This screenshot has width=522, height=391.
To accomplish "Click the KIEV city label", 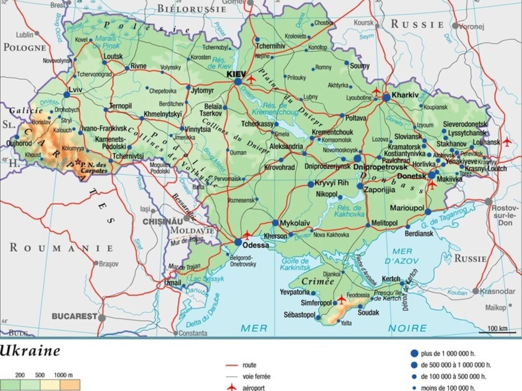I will coord(236,74).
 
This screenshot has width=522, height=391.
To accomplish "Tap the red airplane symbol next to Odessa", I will coord(247,235).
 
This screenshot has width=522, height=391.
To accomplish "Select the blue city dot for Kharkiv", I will coord(386,97).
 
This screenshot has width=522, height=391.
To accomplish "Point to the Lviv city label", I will coord(75,90).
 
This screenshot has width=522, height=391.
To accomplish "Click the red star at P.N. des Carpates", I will coord(77,162).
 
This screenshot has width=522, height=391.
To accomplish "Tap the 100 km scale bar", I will coord(497,331).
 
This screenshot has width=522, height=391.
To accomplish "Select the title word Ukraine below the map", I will coord(30,351).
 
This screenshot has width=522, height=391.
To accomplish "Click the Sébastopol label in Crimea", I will coord(299,315).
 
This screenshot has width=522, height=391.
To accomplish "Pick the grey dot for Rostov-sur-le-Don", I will coord(488,201).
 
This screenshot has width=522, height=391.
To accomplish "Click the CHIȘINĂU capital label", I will coord(163,221).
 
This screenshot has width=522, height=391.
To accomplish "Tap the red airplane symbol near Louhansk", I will coord(507,142).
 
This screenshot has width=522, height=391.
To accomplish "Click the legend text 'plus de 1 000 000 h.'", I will coord(448,354).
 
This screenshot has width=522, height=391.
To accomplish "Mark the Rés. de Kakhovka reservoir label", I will coord(349,211).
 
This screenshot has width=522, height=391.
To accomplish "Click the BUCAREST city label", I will coord(74,316).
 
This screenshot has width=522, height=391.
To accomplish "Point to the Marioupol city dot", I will coord(428,212).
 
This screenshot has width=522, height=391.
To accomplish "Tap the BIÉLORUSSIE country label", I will coord(192,8).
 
